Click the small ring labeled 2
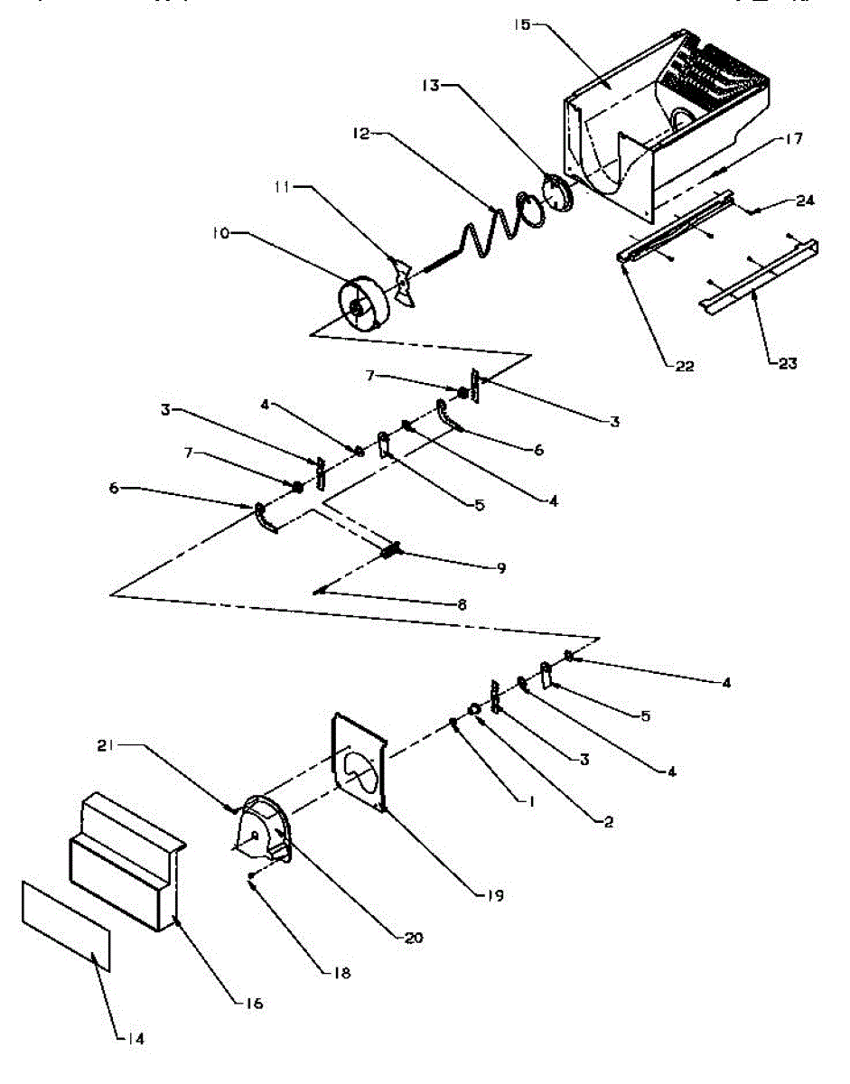474,709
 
